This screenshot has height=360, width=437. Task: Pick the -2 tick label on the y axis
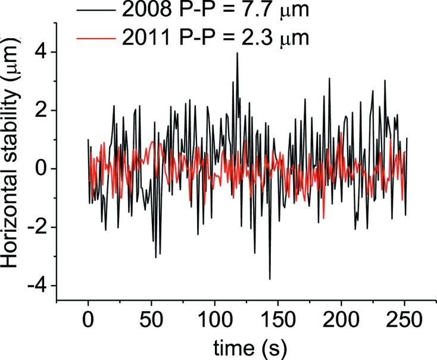39,227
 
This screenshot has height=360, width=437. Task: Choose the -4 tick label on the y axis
39,285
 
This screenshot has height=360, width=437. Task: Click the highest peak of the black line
237,54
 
